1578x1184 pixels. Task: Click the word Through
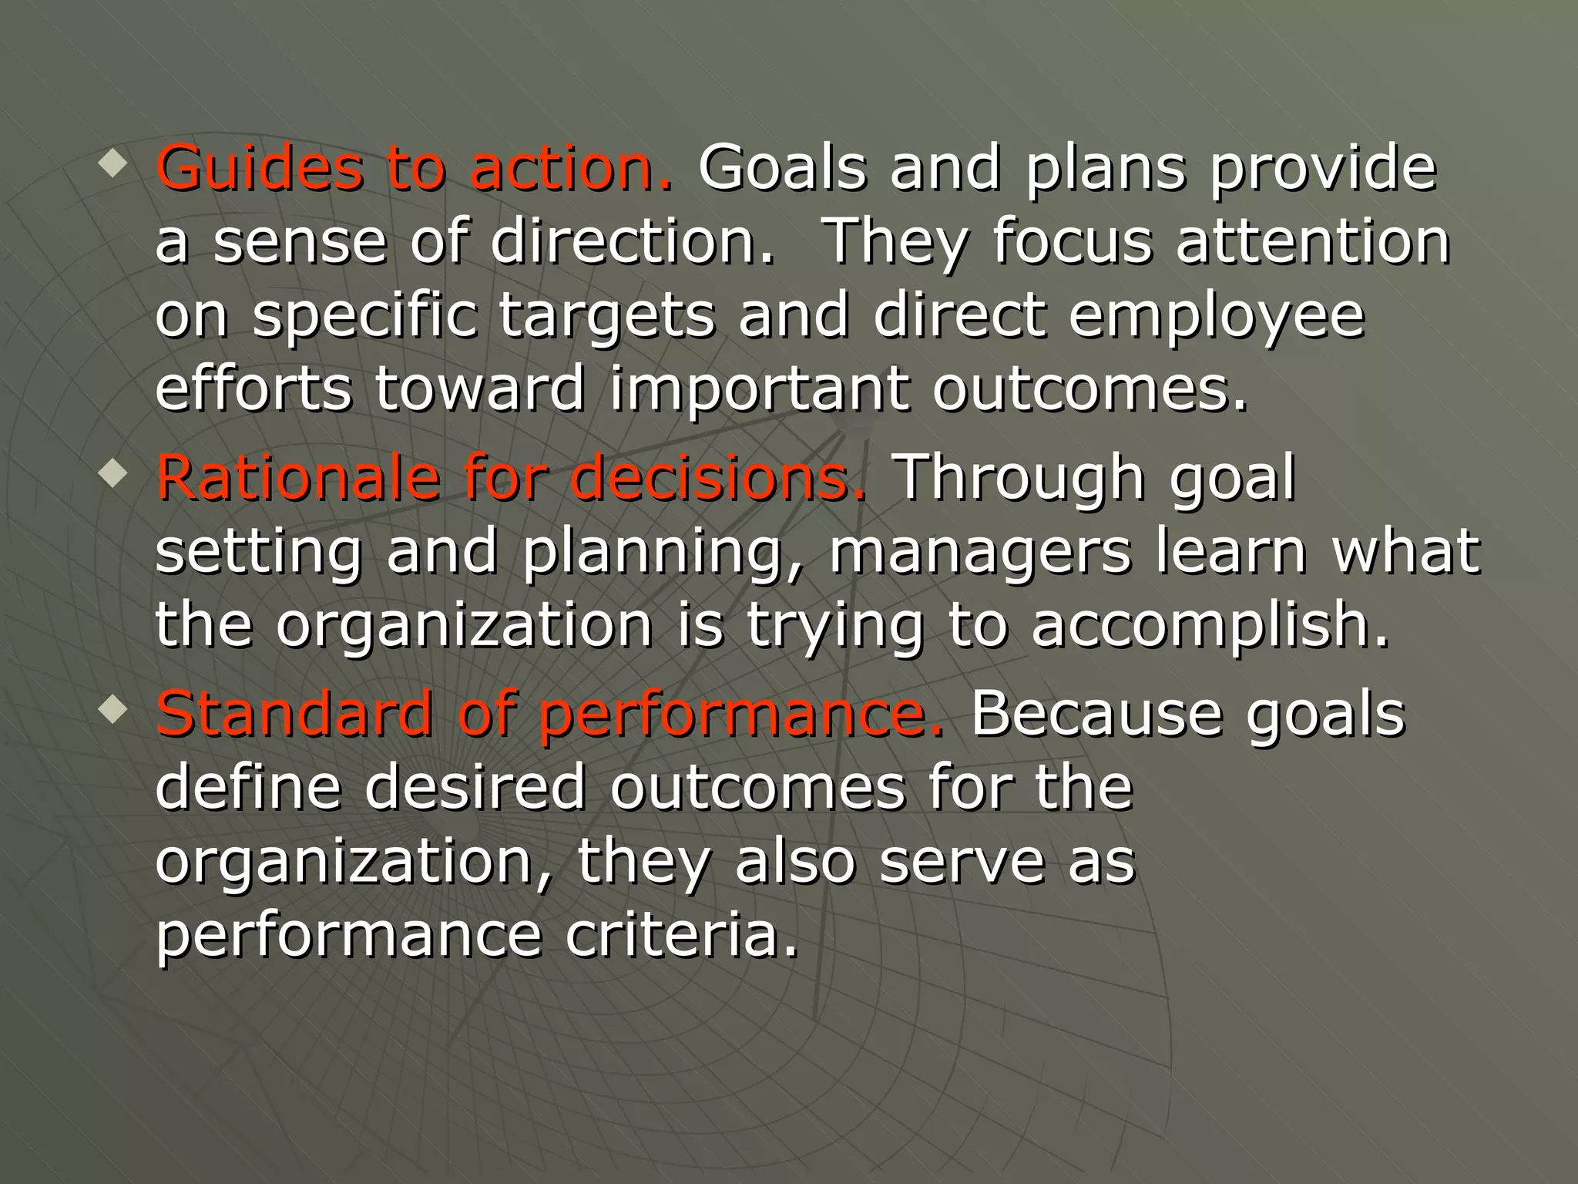pos(1021,479)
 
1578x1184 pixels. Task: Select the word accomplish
pos(1209,625)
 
